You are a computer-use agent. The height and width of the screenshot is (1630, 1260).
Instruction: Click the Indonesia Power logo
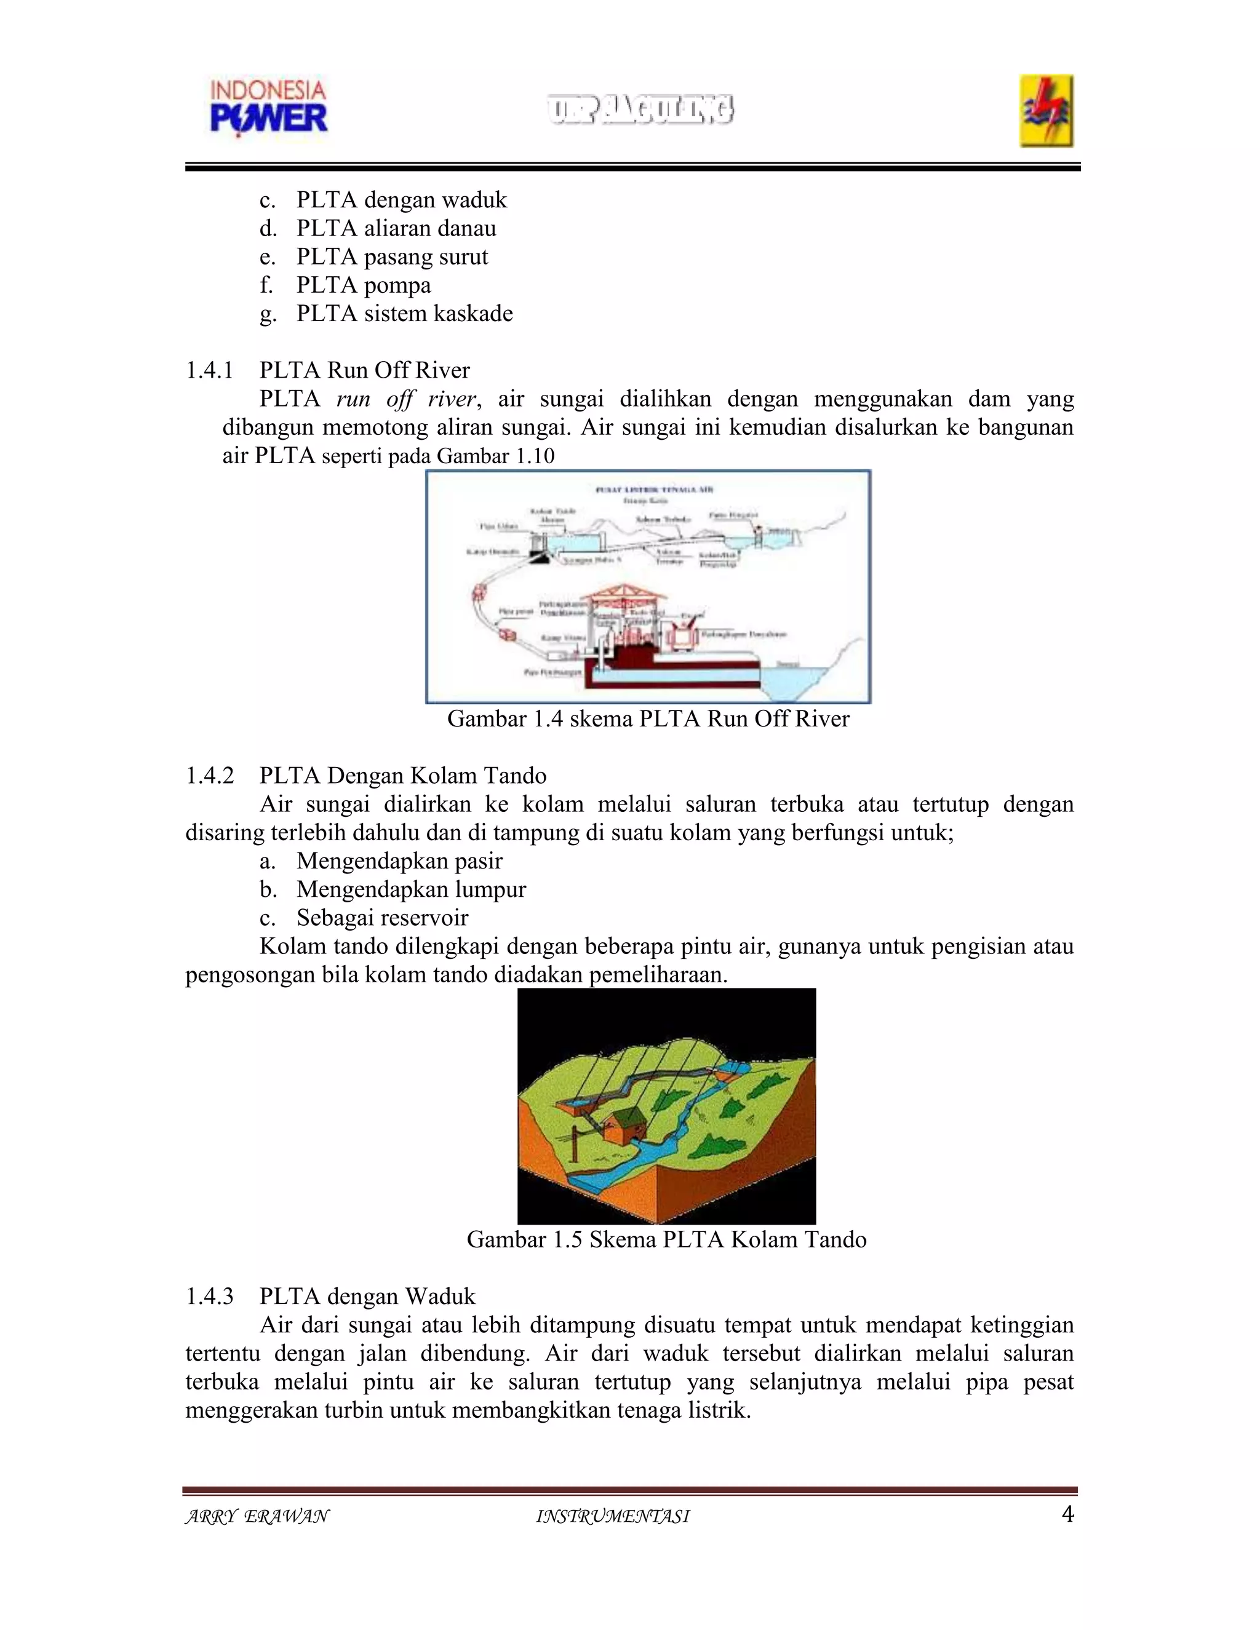coord(269,109)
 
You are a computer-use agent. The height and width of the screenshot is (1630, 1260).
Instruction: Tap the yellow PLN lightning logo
coord(1047,111)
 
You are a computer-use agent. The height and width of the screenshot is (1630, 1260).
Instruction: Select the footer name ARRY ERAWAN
coord(257,1517)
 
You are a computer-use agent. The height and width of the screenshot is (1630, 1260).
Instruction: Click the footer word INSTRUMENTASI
coord(613,1517)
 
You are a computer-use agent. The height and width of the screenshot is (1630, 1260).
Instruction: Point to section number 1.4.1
coord(209,370)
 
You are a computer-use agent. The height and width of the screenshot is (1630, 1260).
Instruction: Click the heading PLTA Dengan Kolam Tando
coord(403,776)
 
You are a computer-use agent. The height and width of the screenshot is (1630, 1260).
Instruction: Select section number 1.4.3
coord(209,1297)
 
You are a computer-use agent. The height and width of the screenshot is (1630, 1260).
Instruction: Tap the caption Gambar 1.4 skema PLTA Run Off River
coord(648,718)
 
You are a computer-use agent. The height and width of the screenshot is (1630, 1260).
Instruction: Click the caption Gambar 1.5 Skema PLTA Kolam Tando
coord(666,1239)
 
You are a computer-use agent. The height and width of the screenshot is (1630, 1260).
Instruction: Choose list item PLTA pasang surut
coord(392,256)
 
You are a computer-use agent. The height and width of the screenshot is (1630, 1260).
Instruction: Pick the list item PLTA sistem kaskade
coord(405,314)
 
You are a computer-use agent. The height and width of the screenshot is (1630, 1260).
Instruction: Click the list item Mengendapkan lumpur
coord(410,889)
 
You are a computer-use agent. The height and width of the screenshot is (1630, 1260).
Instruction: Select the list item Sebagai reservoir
coord(382,918)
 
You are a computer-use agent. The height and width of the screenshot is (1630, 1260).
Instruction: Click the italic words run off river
coord(405,399)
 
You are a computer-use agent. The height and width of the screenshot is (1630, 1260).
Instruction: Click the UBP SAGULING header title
coord(640,109)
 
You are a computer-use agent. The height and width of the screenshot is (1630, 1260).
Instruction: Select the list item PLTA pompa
coord(364,285)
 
